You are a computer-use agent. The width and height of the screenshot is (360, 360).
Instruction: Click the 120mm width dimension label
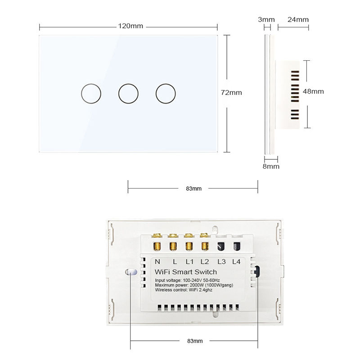pyautogui.click(x=130, y=26)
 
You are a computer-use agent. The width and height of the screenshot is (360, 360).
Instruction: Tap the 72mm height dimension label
pyautogui.click(x=231, y=93)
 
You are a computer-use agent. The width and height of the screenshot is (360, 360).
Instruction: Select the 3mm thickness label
pyautogui.click(x=266, y=19)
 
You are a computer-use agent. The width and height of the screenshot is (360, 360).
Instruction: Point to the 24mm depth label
pyautogui.click(x=298, y=19)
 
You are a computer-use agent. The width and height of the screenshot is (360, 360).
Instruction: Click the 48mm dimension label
pyautogui.click(x=313, y=91)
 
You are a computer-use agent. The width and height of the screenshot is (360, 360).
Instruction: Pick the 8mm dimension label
pyautogui.click(x=271, y=166)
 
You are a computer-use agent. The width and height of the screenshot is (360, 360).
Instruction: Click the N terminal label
pyautogui.click(x=157, y=262)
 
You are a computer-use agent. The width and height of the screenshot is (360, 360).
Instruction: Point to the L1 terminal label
pyautogui.click(x=189, y=262)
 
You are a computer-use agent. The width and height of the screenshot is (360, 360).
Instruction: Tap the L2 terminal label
pyautogui.click(x=205, y=262)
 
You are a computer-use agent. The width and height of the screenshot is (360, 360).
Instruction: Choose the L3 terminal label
pyautogui.click(x=221, y=262)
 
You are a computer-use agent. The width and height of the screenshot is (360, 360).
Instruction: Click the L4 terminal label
pyautogui.click(x=236, y=262)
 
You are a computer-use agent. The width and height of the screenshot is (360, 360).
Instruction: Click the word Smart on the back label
pyautogui.click(x=183, y=272)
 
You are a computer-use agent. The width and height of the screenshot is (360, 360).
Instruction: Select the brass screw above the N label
pyautogui.click(x=157, y=247)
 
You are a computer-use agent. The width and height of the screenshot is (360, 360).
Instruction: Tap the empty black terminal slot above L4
pyautogui.click(x=237, y=246)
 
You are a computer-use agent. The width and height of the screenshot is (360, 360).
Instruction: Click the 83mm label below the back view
pyautogui.click(x=195, y=341)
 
